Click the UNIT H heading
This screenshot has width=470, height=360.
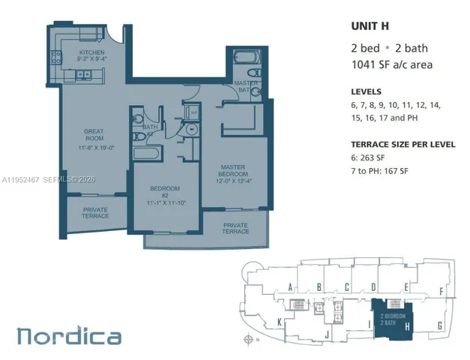(x=371, y=25)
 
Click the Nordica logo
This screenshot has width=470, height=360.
(x=69, y=336)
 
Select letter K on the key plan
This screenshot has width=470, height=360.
(x=280, y=323)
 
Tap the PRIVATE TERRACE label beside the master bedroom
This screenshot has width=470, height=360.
(x=235, y=228)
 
